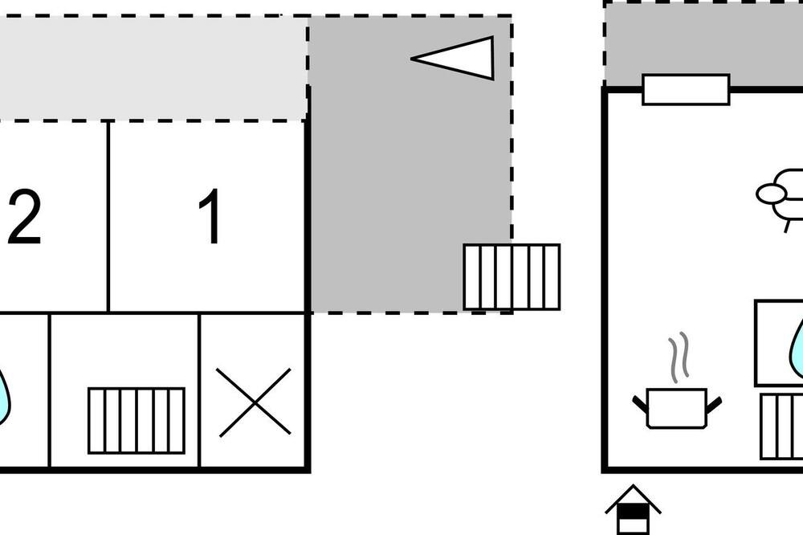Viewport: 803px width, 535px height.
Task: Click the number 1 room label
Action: pyautogui.click(x=210, y=216)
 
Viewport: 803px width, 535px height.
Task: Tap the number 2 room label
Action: pyautogui.click(x=24, y=217)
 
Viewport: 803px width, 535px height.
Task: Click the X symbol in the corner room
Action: pyautogui.click(x=254, y=402)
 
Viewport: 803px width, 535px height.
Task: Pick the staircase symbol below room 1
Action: pyautogui.click(x=137, y=421)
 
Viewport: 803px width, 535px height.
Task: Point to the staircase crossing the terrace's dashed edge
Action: pyautogui.click(x=512, y=277)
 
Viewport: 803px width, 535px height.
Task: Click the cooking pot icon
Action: pyautogui.click(x=677, y=408)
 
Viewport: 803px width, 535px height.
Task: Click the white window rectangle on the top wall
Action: pyautogui.click(x=687, y=90)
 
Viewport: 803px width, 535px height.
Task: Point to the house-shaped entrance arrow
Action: pyautogui.click(x=633, y=509)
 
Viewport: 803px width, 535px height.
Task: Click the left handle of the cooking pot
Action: pyautogui.click(x=640, y=404)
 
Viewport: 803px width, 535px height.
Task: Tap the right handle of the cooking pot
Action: pyautogui.click(x=715, y=404)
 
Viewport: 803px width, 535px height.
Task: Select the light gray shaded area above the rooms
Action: pyautogui.click(x=153, y=68)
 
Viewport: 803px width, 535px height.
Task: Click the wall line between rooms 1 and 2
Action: pyautogui.click(x=108, y=216)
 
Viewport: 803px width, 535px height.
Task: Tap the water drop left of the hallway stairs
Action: pyautogui.click(x=3, y=394)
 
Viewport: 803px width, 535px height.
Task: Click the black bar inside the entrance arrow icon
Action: pyautogui.click(x=633, y=511)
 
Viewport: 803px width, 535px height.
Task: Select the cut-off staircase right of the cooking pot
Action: pyautogui.click(x=781, y=427)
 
